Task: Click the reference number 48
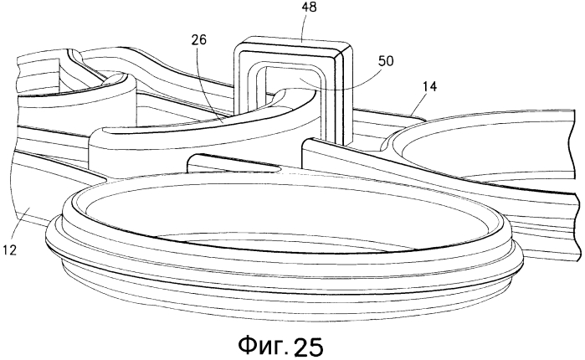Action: [x=310, y=7]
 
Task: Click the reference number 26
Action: [x=199, y=40]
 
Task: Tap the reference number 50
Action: [x=386, y=61]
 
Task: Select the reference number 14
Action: [x=429, y=86]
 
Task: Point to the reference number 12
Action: [x=9, y=250]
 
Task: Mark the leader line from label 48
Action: [x=304, y=27]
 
